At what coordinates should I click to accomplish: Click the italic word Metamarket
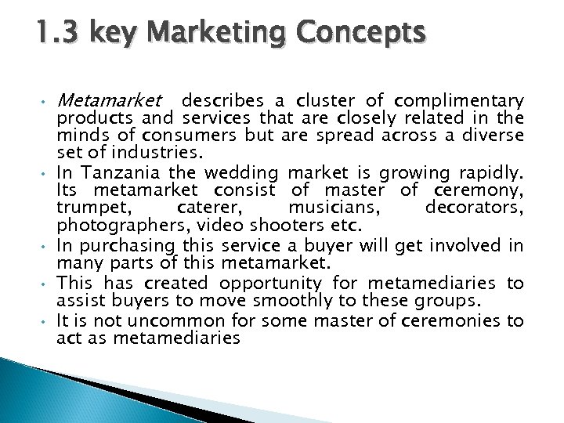tap(110, 101)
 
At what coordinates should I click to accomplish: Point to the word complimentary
tap(459, 101)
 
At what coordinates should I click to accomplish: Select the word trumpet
tap(85, 208)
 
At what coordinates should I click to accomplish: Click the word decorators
tap(475, 208)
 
